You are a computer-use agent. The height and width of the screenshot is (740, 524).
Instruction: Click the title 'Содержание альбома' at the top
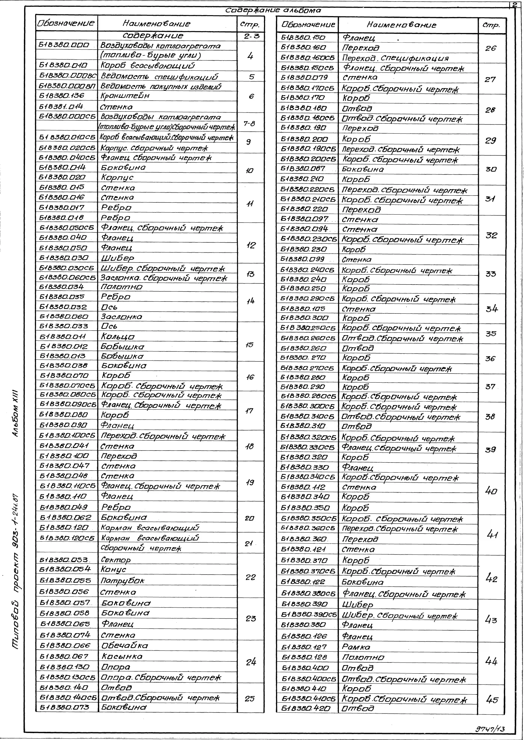[x=273, y=11]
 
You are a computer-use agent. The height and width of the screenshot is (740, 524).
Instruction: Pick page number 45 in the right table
[x=491, y=700]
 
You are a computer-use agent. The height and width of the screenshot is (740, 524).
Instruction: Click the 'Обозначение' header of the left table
[x=66, y=23]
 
